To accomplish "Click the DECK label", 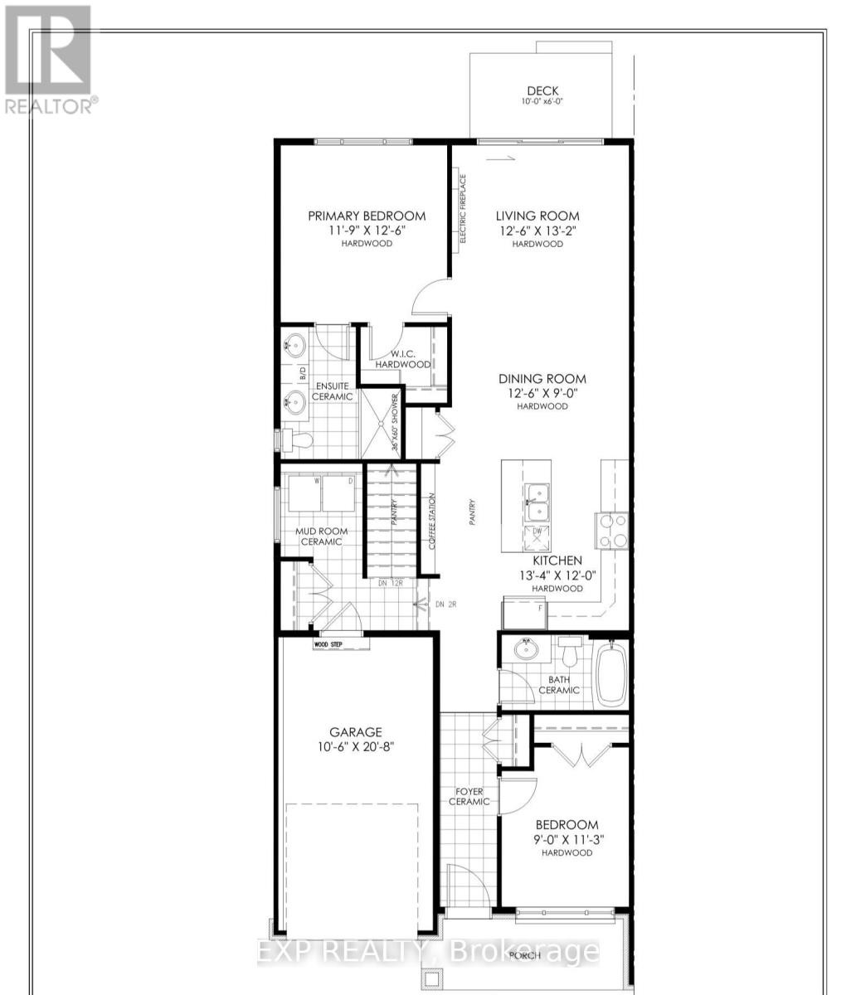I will pos(543,91).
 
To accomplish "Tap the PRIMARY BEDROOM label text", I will pos(367,216).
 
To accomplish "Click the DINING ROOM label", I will pos(542,378).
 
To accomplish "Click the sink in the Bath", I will pos(525,648).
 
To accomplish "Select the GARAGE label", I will pos(356,731).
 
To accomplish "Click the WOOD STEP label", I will pos(328,643).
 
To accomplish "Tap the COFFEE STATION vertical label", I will pos(431,522).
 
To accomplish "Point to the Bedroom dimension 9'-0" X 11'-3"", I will pos(567,838).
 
